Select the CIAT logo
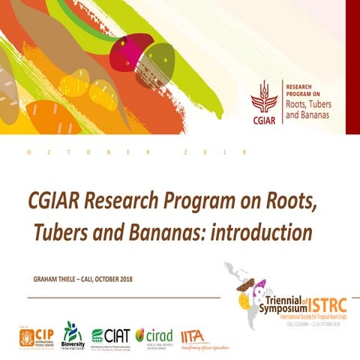coord(112,335)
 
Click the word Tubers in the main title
coord(62,232)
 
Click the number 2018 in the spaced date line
coord(214,152)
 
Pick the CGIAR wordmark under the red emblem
coord(264,120)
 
